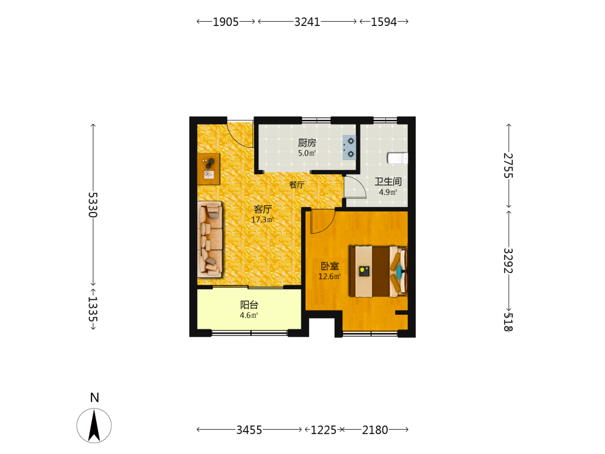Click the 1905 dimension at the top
(x=226, y=22)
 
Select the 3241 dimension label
(x=307, y=22)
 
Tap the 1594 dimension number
(x=384, y=22)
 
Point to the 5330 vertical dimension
(x=93, y=205)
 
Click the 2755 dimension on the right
(x=509, y=166)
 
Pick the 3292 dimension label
(x=509, y=260)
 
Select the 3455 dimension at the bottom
(x=249, y=430)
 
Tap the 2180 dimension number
(x=375, y=430)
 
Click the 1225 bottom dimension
(x=324, y=430)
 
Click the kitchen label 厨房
(x=307, y=143)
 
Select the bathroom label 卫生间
(x=388, y=182)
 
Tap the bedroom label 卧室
(x=330, y=266)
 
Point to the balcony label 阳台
(x=249, y=305)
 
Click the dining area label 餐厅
(x=296, y=185)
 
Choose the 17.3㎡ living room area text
(x=263, y=220)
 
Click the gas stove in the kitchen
(x=349, y=148)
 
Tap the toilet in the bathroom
(x=397, y=158)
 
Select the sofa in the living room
(x=210, y=239)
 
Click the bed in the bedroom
(x=379, y=271)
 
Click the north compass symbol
(x=94, y=426)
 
